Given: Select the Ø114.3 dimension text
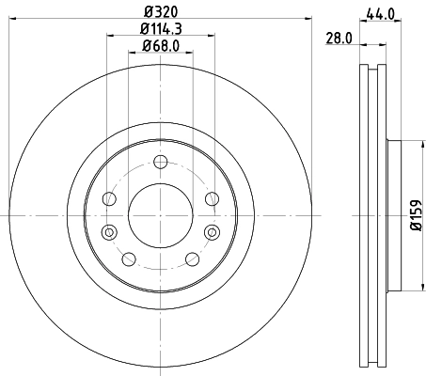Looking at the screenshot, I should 159,28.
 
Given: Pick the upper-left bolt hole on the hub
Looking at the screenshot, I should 109,198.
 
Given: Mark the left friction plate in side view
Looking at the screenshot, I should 363,216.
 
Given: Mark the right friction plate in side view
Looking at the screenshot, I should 382,216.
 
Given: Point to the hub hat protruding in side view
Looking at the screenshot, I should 394,216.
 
